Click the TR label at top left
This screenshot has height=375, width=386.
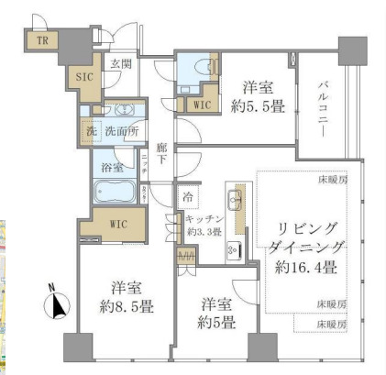pos(41,40)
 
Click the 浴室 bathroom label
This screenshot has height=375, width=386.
pos(112,168)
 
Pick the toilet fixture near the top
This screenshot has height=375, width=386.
pos(194,83)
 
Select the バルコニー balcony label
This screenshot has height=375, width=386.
pos(323,111)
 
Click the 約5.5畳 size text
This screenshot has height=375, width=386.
pos(260,106)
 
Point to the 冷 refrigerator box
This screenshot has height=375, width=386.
pos(188,197)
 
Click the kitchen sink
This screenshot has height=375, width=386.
pos(232,203)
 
